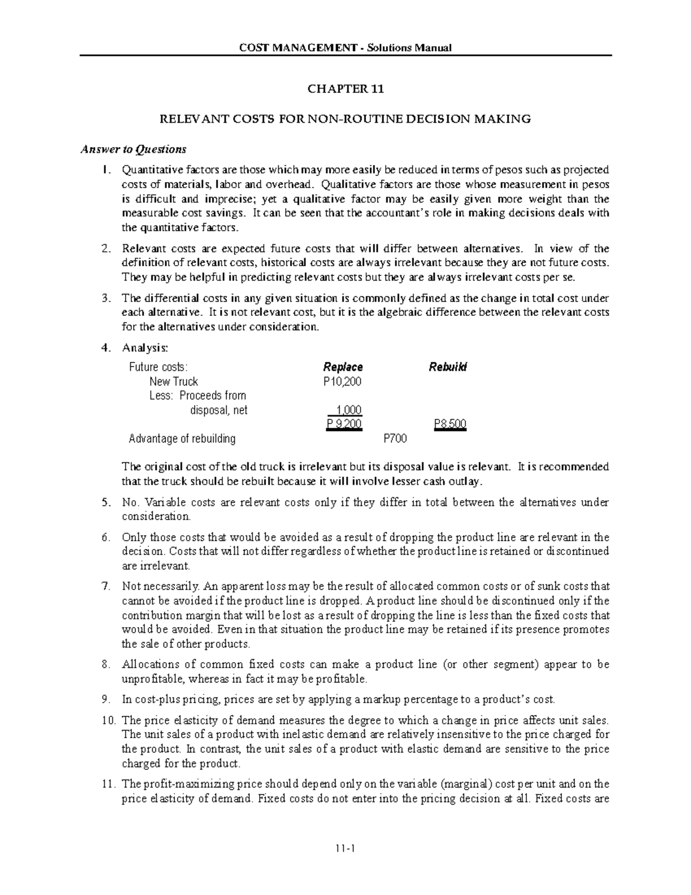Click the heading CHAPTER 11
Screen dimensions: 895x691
[x=345, y=89]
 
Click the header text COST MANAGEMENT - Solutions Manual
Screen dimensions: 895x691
[x=345, y=47]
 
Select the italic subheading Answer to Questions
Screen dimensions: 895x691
[x=133, y=150]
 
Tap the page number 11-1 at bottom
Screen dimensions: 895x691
[x=345, y=848]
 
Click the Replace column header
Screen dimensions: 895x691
[x=343, y=367]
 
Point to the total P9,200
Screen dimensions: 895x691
[x=344, y=425]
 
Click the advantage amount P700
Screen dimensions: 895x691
[x=395, y=439]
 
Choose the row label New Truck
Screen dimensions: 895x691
[x=173, y=382]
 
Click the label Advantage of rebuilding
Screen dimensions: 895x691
[x=182, y=439]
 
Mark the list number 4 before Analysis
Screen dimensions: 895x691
[x=104, y=348]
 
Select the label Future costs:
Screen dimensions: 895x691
[x=158, y=367]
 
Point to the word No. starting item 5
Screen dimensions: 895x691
[x=130, y=503]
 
